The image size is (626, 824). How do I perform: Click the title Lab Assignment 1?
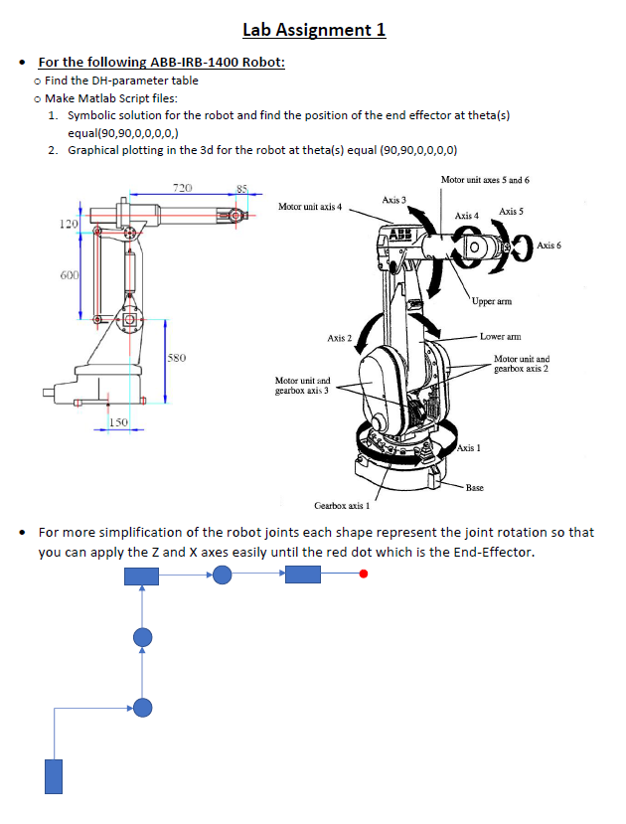pos(314,29)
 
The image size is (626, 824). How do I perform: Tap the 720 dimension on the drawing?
pos(183,187)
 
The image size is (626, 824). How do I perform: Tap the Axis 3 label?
pos(394,200)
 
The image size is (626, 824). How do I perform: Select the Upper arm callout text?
pos(490,301)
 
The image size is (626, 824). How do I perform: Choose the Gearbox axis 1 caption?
pos(342,505)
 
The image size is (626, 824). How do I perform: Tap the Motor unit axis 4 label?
pos(310,207)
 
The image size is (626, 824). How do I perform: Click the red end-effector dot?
pos(365,575)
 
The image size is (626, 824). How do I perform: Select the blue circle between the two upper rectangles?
pos(223,575)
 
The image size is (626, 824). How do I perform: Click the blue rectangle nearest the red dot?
pos(303,575)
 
